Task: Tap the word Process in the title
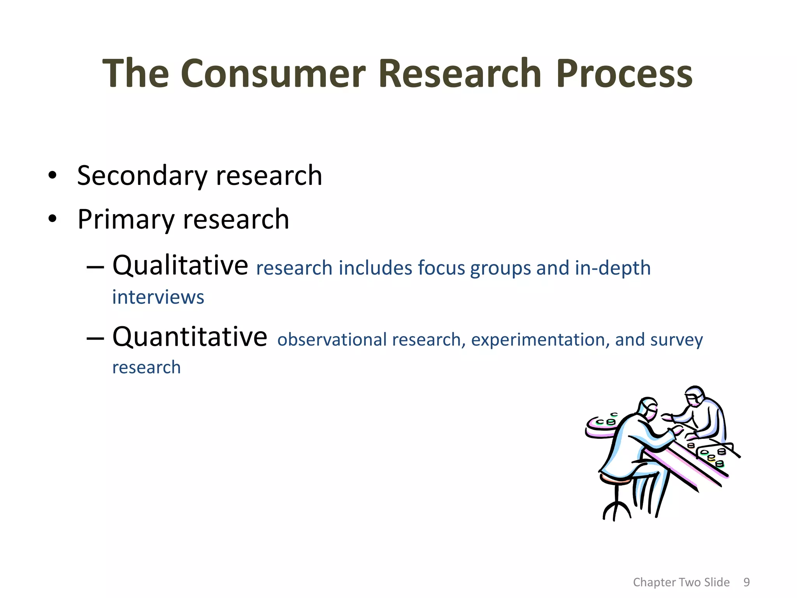tap(624, 73)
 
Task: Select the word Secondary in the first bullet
tap(142, 176)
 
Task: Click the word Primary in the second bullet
tap(126, 220)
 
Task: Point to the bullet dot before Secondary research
tap(52, 176)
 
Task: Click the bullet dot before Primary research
tap(52, 220)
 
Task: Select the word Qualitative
tap(180, 266)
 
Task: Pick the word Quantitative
tap(190, 337)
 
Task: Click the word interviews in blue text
tap(158, 297)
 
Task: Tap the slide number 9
tap(746, 582)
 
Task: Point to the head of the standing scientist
tap(695, 396)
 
